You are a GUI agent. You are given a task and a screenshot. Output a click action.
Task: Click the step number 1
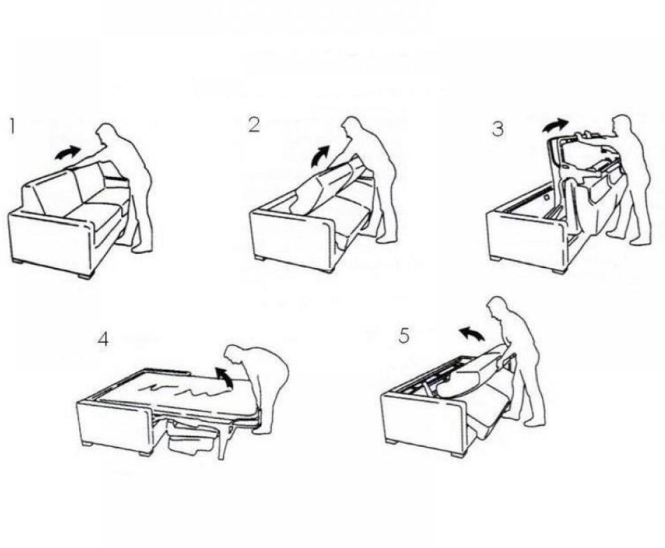(11, 126)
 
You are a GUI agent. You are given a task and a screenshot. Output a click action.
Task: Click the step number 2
(254, 124)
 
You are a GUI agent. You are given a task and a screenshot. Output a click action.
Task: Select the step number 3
(498, 129)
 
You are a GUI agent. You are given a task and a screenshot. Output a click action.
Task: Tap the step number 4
(103, 339)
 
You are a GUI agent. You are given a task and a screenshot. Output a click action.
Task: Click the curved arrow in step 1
(66, 152)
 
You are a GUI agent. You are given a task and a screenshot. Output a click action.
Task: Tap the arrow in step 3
(555, 124)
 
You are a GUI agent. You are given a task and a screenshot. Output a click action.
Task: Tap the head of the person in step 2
(353, 128)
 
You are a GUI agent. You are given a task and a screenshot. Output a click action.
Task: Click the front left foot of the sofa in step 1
(18, 261)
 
